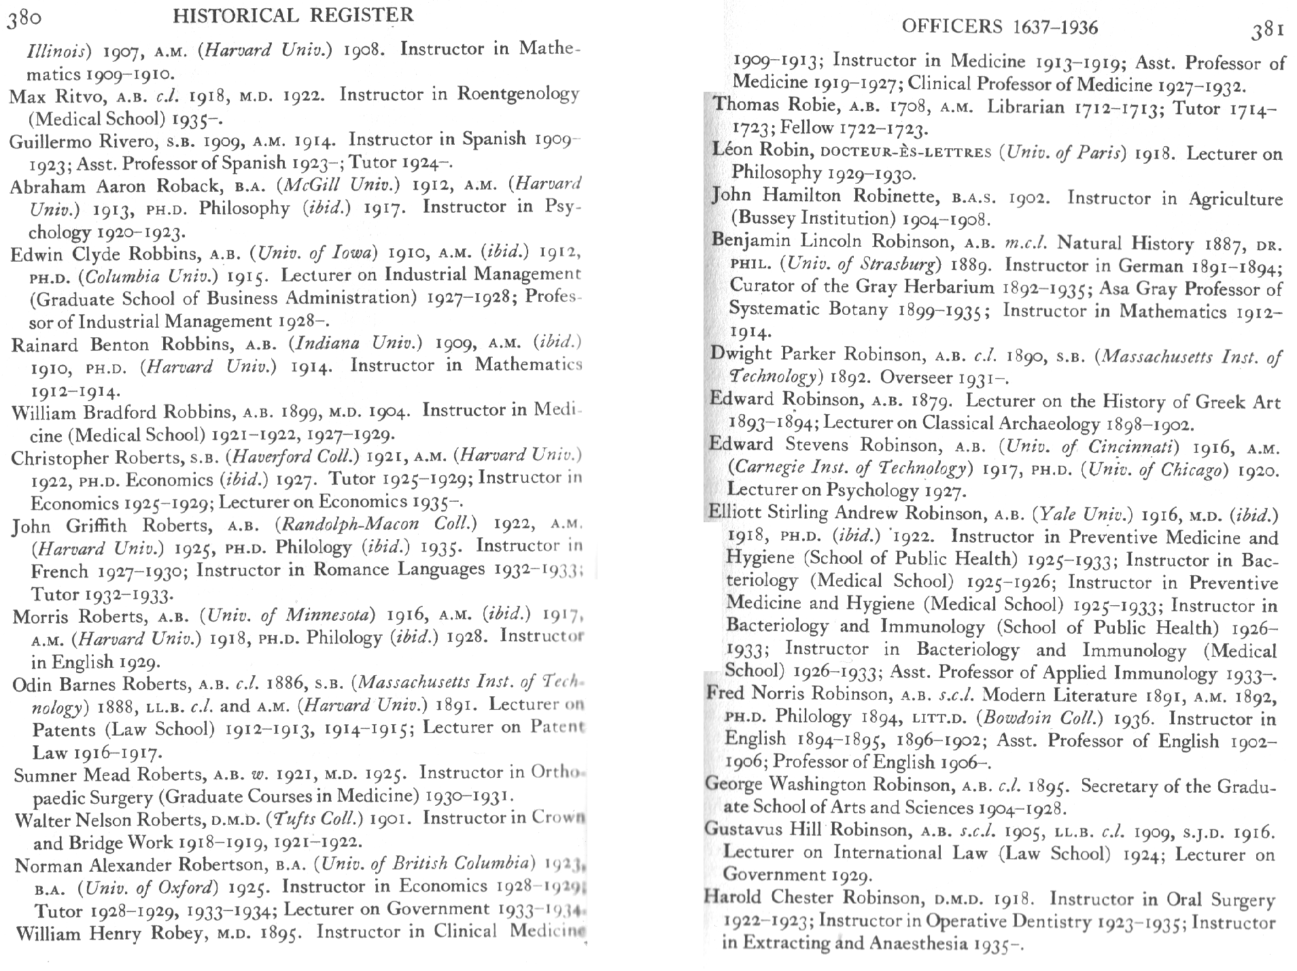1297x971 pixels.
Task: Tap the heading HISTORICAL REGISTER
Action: pyautogui.click(x=293, y=16)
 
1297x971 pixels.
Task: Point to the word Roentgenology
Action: pyautogui.click(x=518, y=94)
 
